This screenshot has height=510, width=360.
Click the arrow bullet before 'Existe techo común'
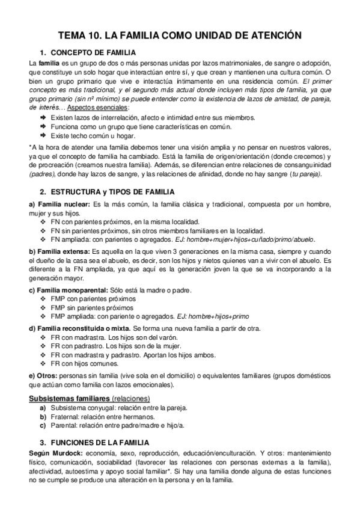(x=43, y=135)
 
